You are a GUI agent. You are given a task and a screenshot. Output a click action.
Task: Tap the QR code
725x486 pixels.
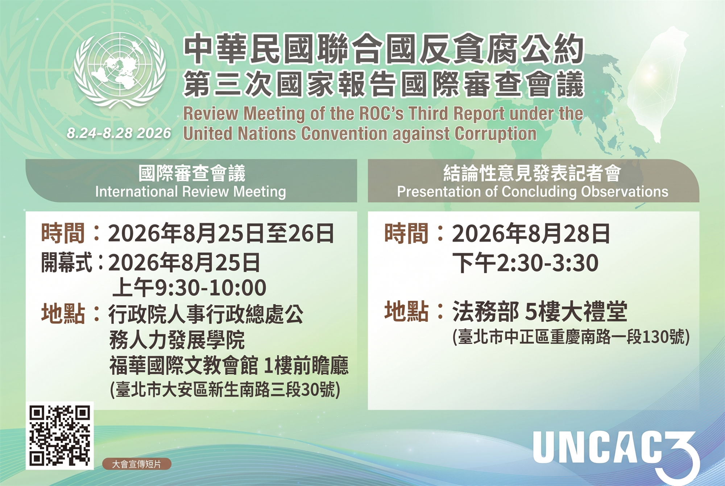point(60,435)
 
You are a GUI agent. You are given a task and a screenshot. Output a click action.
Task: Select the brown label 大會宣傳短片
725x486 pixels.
point(137,464)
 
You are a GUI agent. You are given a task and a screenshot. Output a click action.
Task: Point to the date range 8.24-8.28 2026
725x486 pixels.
point(119,133)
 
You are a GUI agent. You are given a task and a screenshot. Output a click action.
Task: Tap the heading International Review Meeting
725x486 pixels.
point(191,191)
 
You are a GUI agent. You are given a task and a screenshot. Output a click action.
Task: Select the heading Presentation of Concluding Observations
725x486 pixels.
point(533,191)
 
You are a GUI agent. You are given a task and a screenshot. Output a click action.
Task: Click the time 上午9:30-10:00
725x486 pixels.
point(189,288)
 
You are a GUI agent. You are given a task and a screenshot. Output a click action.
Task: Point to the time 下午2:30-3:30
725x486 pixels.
point(525,263)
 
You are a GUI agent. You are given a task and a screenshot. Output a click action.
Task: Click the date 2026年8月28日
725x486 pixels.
point(531,233)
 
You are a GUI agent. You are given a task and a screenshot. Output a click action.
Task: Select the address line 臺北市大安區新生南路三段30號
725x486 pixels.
point(225,390)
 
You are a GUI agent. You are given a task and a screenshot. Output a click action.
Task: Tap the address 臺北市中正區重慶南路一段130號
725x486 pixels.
point(571,337)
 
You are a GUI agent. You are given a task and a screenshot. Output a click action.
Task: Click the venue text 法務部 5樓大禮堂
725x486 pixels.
point(540,311)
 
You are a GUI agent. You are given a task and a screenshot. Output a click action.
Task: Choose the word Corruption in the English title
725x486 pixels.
point(496,133)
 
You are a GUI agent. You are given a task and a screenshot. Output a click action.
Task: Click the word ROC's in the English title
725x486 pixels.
point(381,113)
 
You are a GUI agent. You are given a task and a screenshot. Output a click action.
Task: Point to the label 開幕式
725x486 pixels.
point(67,262)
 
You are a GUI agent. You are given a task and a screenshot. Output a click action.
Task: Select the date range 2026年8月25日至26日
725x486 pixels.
point(221,233)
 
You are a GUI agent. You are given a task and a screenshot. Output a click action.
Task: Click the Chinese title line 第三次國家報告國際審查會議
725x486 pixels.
point(384,84)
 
